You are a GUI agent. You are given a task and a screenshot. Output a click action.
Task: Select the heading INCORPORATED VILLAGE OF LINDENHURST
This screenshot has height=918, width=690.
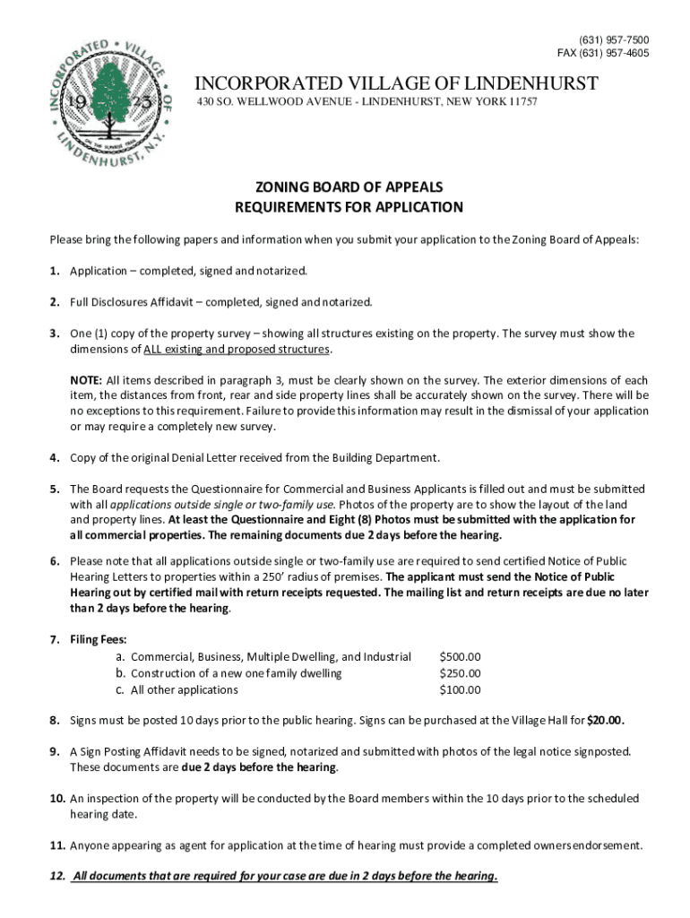(x=397, y=84)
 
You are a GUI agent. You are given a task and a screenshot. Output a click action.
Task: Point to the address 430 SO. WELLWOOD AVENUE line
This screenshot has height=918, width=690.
(x=367, y=104)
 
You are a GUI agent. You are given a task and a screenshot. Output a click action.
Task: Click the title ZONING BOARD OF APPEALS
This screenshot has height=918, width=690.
(x=349, y=187)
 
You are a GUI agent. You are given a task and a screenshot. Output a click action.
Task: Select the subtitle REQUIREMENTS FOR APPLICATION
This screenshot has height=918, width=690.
(x=349, y=207)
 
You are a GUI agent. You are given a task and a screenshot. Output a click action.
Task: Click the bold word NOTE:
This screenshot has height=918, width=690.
(x=87, y=380)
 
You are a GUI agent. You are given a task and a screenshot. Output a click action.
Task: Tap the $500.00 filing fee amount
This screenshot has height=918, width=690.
(x=460, y=657)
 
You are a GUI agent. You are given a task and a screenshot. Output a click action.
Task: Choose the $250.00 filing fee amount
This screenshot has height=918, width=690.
(x=460, y=673)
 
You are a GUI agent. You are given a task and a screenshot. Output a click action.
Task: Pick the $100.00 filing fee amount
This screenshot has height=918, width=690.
(x=460, y=689)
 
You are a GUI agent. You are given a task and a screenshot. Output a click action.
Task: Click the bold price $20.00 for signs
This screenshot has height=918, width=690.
(x=606, y=720)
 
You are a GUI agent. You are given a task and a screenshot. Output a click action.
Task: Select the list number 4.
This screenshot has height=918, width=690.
(x=55, y=457)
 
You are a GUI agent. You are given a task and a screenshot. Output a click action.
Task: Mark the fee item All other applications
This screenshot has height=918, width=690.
(x=185, y=689)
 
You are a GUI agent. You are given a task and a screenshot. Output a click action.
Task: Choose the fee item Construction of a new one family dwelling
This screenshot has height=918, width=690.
(x=237, y=673)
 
